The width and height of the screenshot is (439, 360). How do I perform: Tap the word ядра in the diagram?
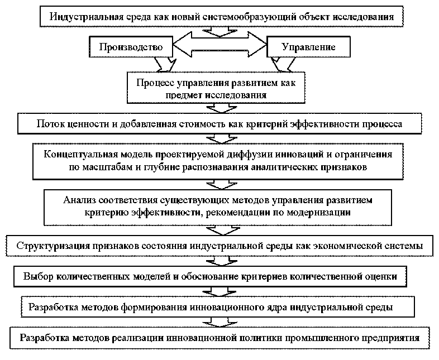pos(268,306)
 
